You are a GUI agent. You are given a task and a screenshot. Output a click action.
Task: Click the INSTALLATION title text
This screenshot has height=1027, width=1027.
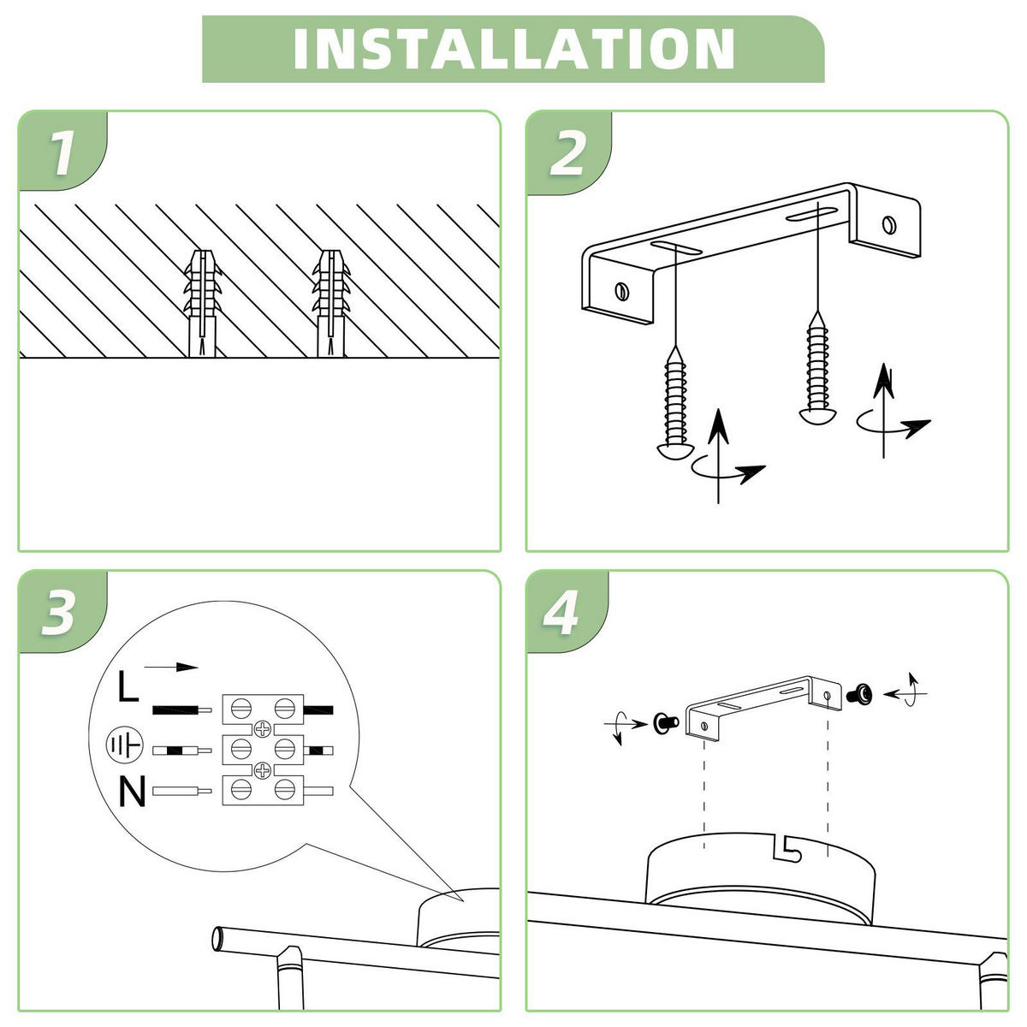point(513,49)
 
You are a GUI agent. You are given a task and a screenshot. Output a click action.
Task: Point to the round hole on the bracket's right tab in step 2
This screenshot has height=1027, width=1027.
point(890,224)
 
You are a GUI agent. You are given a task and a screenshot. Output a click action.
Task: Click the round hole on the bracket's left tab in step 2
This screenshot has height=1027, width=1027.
point(622,290)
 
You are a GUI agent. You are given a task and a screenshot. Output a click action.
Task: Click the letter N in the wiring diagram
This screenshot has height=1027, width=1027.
point(132,792)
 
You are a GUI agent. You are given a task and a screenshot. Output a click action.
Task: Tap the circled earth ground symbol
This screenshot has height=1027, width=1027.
point(122,745)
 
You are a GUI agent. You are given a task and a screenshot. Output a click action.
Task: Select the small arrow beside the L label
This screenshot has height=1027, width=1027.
point(170,667)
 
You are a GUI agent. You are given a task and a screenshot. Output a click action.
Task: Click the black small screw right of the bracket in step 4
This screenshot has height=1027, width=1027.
point(859,694)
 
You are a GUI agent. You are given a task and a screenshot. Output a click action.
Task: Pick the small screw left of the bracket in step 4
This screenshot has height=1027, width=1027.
point(663,722)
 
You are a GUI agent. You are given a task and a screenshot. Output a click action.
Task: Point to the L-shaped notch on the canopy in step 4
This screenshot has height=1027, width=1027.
point(786,846)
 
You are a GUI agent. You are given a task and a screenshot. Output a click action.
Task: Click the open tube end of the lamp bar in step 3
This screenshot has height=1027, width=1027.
point(220,939)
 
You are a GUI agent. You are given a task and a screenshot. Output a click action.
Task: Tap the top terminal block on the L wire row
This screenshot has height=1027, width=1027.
point(262,709)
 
